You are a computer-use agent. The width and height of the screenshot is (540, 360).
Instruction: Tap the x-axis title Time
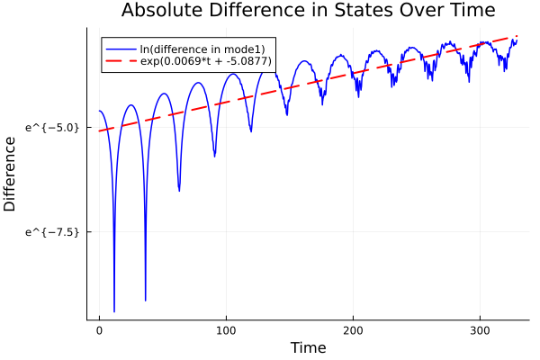[x=308, y=347]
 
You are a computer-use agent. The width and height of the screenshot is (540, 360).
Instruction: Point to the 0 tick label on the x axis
[x=99, y=329]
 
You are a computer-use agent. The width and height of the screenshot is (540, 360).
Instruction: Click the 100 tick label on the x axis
[x=226, y=329]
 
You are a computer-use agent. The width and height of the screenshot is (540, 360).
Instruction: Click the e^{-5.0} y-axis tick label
[x=55, y=128]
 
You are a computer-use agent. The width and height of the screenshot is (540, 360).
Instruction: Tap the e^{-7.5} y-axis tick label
[x=55, y=231]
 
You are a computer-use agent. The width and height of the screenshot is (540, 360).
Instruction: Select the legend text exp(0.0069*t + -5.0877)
[x=206, y=61]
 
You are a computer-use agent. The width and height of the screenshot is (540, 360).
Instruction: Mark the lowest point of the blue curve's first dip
[x=114, y=311]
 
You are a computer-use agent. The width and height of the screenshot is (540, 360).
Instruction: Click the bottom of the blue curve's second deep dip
[x=146, y=301]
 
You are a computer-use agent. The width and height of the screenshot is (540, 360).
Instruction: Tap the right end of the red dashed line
[x=517, y=36]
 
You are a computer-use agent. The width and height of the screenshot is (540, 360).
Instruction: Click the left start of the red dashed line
[x=99, y=131]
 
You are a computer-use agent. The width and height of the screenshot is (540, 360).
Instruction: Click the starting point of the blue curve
[x=99, y=111]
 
